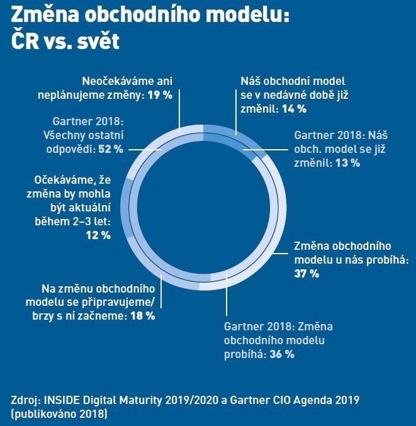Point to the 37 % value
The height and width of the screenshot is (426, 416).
coord(306,274)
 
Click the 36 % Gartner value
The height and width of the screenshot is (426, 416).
coord(281,354)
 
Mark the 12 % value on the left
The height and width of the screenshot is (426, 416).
coord(98,235)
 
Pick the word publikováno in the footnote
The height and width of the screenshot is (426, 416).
coord(43,413)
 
